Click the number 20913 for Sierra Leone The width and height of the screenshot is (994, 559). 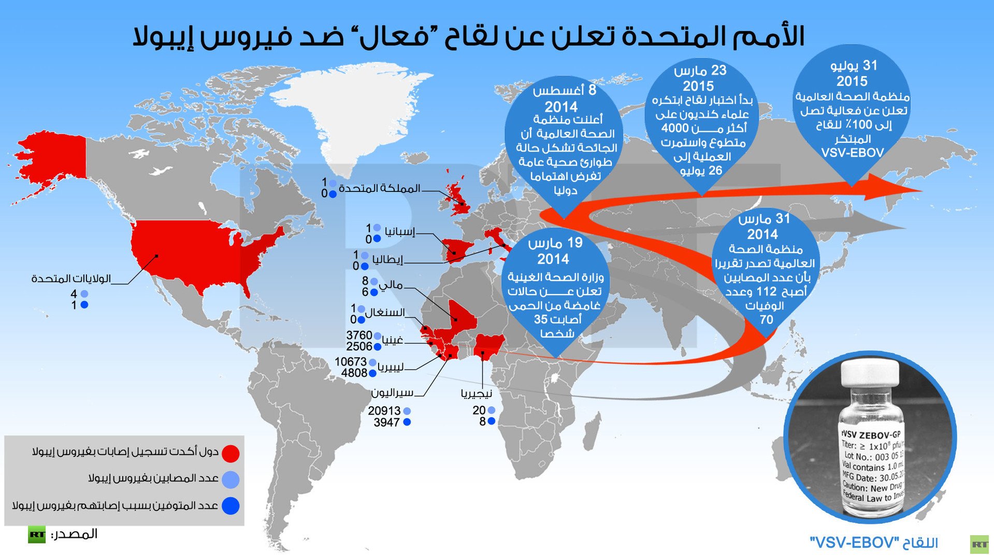384,411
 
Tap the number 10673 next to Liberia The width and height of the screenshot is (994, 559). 350,362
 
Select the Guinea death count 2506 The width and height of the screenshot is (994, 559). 359,347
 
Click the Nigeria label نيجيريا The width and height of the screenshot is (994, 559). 476,394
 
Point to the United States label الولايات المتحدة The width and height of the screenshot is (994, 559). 71,279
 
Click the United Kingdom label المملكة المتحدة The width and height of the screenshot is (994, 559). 379,188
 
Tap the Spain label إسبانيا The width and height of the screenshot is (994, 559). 400,231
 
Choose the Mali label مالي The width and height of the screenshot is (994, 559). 391,285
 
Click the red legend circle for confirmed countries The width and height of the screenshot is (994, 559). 231,453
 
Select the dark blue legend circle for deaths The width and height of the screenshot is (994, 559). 231,506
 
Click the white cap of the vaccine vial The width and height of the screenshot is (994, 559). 870,374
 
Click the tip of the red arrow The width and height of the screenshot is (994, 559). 919,190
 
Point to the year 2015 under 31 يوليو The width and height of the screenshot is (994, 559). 852,81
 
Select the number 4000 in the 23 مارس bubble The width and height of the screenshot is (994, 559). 675,128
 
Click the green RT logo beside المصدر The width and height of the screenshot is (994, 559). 37,535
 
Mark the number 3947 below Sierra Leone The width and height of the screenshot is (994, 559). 386,422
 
